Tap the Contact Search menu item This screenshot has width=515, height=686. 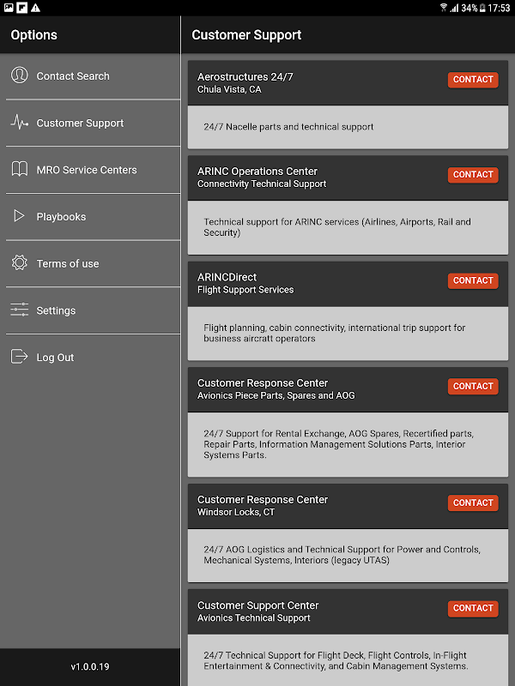pyautogui.click(x=73, y=76)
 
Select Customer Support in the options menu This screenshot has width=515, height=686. pyautogui.click(x=80, y=123)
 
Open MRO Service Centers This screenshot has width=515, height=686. pyautogui.click(x=86, y=170)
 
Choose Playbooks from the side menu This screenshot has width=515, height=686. pyautogui.click(x=61, y=217)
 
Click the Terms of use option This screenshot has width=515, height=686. pyautogui.click(x=67, y=263)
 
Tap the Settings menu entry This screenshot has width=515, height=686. pyautogui.click(x=56, y=310)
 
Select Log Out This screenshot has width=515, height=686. pyautogui.click(x=55, y=358)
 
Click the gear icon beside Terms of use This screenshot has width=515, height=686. pyautogui.click(x=20, y=263)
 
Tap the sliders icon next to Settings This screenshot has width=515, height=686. pyautogui.click(x=20, y=310)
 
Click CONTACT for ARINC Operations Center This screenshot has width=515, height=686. pyautogui.click(x=473, y=175)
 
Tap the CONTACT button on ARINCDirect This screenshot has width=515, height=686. pyautogui.click(x=473, y=280)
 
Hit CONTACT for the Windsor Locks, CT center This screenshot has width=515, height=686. pyautogui.click(x=473, y=503)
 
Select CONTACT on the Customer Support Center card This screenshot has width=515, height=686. pyautogui.click(x=473, y=609)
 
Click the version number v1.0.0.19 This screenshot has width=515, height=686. pyautogui.click(x=90, y=666)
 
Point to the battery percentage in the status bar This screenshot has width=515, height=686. pyautogui.click(x=469, y=8)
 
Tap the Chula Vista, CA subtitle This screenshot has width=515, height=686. pyautogui.click(x=229, y=89)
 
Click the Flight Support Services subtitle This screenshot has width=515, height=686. pyautogui.click(x=245, y=290)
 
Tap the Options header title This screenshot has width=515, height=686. pyautogui.click(x=34, y=35)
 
